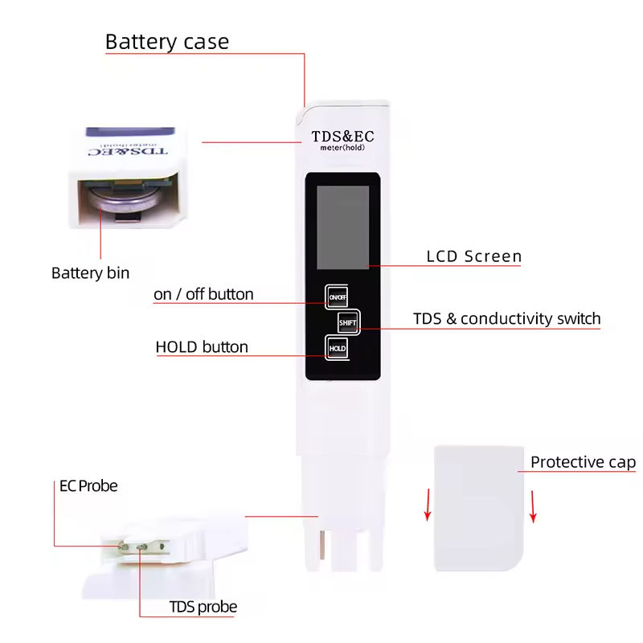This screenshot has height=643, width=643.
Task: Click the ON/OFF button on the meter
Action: pos(338,297)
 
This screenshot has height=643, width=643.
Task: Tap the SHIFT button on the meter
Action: pos(347,323)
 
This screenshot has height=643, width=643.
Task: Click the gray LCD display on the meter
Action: pos(343,227)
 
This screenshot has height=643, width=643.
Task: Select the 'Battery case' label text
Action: pos(167,42)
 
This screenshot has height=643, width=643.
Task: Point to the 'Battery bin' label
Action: pos(90,272)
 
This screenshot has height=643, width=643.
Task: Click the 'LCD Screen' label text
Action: pos(474,256)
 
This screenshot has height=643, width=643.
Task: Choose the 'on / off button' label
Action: pos(203,294)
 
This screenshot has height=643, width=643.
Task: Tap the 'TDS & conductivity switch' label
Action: pos(506,318)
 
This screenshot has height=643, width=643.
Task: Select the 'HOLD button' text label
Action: pos(202,347)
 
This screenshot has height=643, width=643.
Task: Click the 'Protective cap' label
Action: pos(583,462)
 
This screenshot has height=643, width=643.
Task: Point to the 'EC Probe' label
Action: pos(88,486)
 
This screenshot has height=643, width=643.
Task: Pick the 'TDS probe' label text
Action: pos(203,607)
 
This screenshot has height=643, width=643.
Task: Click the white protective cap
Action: pos(479,508)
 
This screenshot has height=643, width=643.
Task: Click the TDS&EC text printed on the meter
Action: pos(342,136)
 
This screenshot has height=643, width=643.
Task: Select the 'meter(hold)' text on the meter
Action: pos(342,148)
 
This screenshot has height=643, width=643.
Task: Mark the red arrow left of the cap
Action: pos(428,505)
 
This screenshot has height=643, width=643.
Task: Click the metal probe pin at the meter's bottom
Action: pos(322,545)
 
